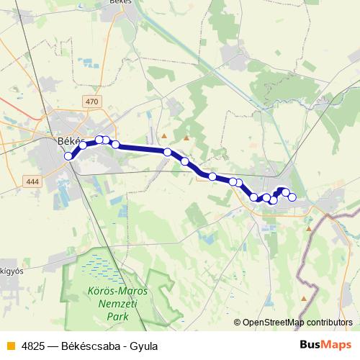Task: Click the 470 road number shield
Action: coord(91,102)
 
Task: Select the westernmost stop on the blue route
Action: coord(68,156)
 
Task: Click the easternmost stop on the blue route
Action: coord(292,197)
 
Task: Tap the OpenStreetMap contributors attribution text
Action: coord(297,323)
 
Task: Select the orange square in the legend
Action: coord(9,346)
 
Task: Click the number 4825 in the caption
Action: coord(32,346)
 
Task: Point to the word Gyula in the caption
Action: coord(143,346)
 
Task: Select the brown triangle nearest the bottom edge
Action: coord(305,297)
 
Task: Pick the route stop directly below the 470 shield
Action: coord(99,140)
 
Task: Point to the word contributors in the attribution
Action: coord(327,323)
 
